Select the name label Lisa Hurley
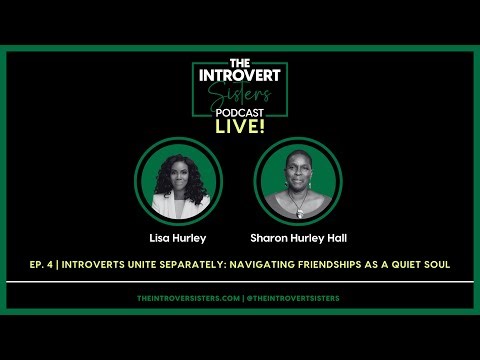(x=177, y=238)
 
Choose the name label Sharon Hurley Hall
(x=298, y=238)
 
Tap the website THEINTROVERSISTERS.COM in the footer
(x=187, y=298)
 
